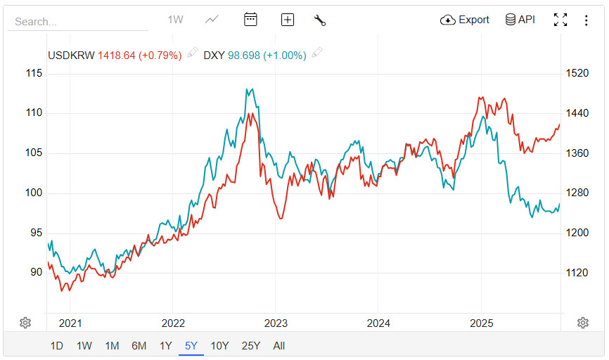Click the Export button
tap(465, 20)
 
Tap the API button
tap(520, 20)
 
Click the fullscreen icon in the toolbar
tap(560, 20)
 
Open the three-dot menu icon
tap(586, 20)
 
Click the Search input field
tap(77, 22)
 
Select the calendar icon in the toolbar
tap(251, 20)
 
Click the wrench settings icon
tap(320, 20)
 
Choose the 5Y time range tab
tap(191, 345)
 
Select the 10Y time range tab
tap(219, 345)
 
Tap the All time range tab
tap(279, 345)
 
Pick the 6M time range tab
tap(139, 345)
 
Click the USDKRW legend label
tap(71, 55)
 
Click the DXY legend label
tap(214, 55)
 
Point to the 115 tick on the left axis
tap(34, 73)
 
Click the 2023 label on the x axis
tap(276, 323)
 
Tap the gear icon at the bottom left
tap(25, 323)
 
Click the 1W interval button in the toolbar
tap(175, 20)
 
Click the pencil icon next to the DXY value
tap(317, 53)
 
